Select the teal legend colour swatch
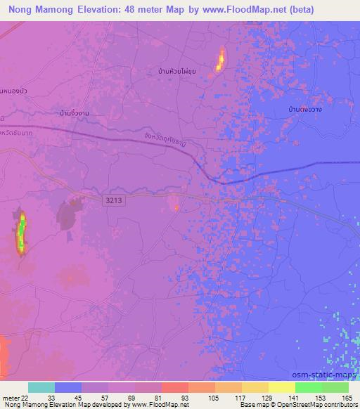[41, 387]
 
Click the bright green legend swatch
[308, 387]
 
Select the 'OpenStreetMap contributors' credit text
[317, 405]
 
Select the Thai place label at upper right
[307, 110]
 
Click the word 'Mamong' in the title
[63, 10]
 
